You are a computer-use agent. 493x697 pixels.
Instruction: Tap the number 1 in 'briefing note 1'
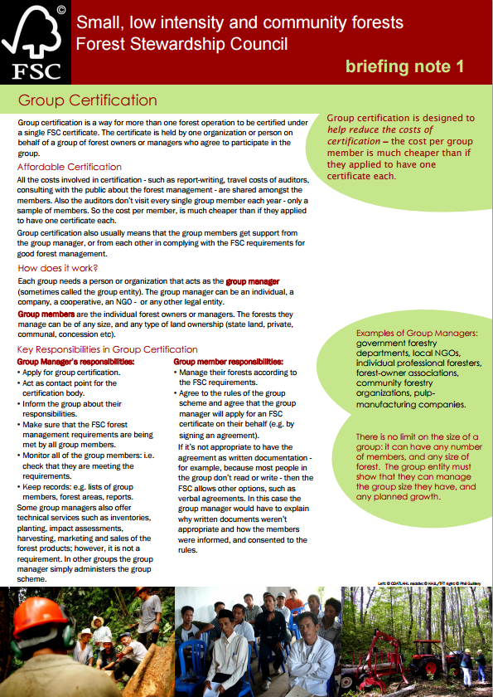(459, 66)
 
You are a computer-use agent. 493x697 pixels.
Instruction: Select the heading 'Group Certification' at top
(87, 100)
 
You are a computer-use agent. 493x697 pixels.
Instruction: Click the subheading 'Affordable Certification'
(70, 167)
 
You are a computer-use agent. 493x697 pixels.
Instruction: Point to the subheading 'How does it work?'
(58, 268)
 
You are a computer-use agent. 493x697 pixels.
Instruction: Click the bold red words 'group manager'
(252, 283)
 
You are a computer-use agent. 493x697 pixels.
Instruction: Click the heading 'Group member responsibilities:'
(228, 362)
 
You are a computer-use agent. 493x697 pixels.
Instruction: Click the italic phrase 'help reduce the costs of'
(380, 130)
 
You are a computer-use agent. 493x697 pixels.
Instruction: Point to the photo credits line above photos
(431, 583)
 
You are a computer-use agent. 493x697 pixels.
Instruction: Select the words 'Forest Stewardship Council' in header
(181, 43)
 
